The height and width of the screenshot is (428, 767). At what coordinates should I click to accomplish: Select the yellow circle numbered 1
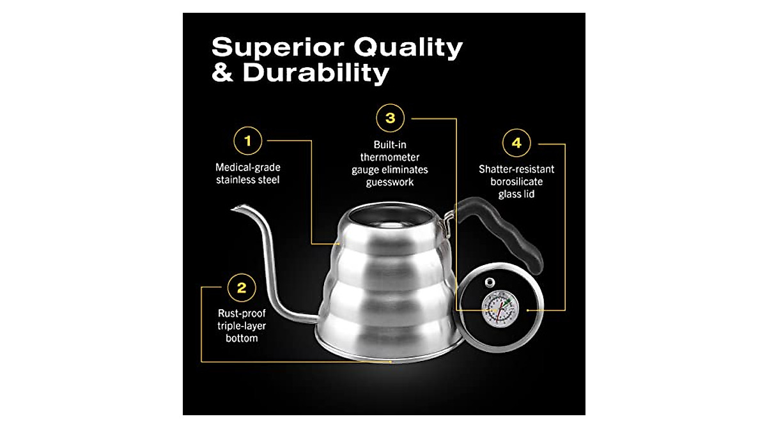249,141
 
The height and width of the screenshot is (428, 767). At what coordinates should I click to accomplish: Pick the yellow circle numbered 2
241,287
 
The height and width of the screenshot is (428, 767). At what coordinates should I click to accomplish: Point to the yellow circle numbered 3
390,118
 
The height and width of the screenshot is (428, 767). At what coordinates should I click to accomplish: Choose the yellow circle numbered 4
516,143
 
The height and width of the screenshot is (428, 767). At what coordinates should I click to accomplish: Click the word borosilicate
516,182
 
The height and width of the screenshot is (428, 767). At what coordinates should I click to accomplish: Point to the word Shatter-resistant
516,169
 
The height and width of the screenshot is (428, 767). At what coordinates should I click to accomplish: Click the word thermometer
389,157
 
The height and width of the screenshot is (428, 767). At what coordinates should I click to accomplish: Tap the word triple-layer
241,326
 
